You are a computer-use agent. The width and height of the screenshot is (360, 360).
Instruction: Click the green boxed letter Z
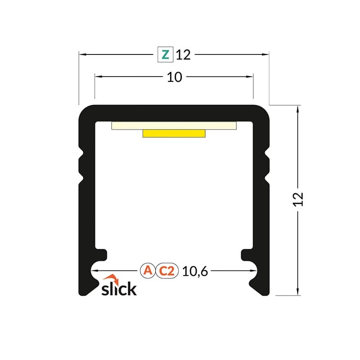tap(165, 54)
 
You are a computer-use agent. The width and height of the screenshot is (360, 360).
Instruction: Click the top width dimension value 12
tap(183, 55)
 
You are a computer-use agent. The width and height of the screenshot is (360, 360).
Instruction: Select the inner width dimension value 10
tap(174, 77)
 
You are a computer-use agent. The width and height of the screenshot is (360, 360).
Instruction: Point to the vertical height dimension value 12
tap(298, 199)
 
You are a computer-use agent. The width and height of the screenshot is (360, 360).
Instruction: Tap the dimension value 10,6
tap(195, 271)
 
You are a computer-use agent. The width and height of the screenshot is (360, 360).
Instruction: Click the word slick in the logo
tap(118, 288)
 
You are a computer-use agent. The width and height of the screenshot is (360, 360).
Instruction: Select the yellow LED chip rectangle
tap(174, 133)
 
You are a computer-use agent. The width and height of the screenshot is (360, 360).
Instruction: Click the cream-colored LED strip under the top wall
tap(174, 125)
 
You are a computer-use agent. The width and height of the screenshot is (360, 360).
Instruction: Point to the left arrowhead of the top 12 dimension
tap(82, 54)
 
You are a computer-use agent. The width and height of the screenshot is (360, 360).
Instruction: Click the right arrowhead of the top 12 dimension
tap(266, 54)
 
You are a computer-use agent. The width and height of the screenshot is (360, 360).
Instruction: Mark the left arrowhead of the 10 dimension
tap(98, 77)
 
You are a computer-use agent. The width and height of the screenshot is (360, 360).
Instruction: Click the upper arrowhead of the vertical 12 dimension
tap(298, 108)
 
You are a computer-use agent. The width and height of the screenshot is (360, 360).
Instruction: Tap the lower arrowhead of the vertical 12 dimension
tap(298, 292)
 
